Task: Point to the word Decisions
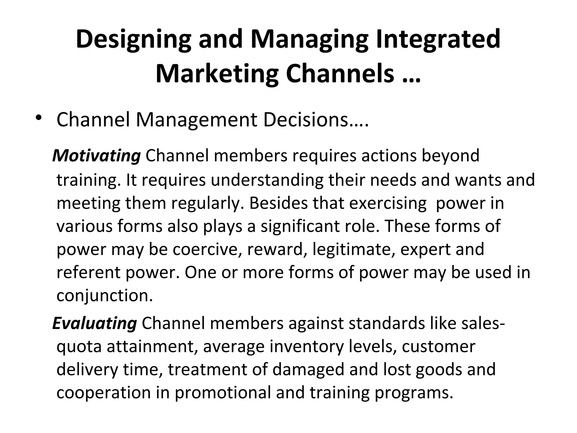coord(316,120)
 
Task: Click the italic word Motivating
coord(97,156)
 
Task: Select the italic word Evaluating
coord(95,323)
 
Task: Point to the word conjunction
coord(105,295)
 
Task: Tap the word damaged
coord(309,370)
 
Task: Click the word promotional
coord(223,393)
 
